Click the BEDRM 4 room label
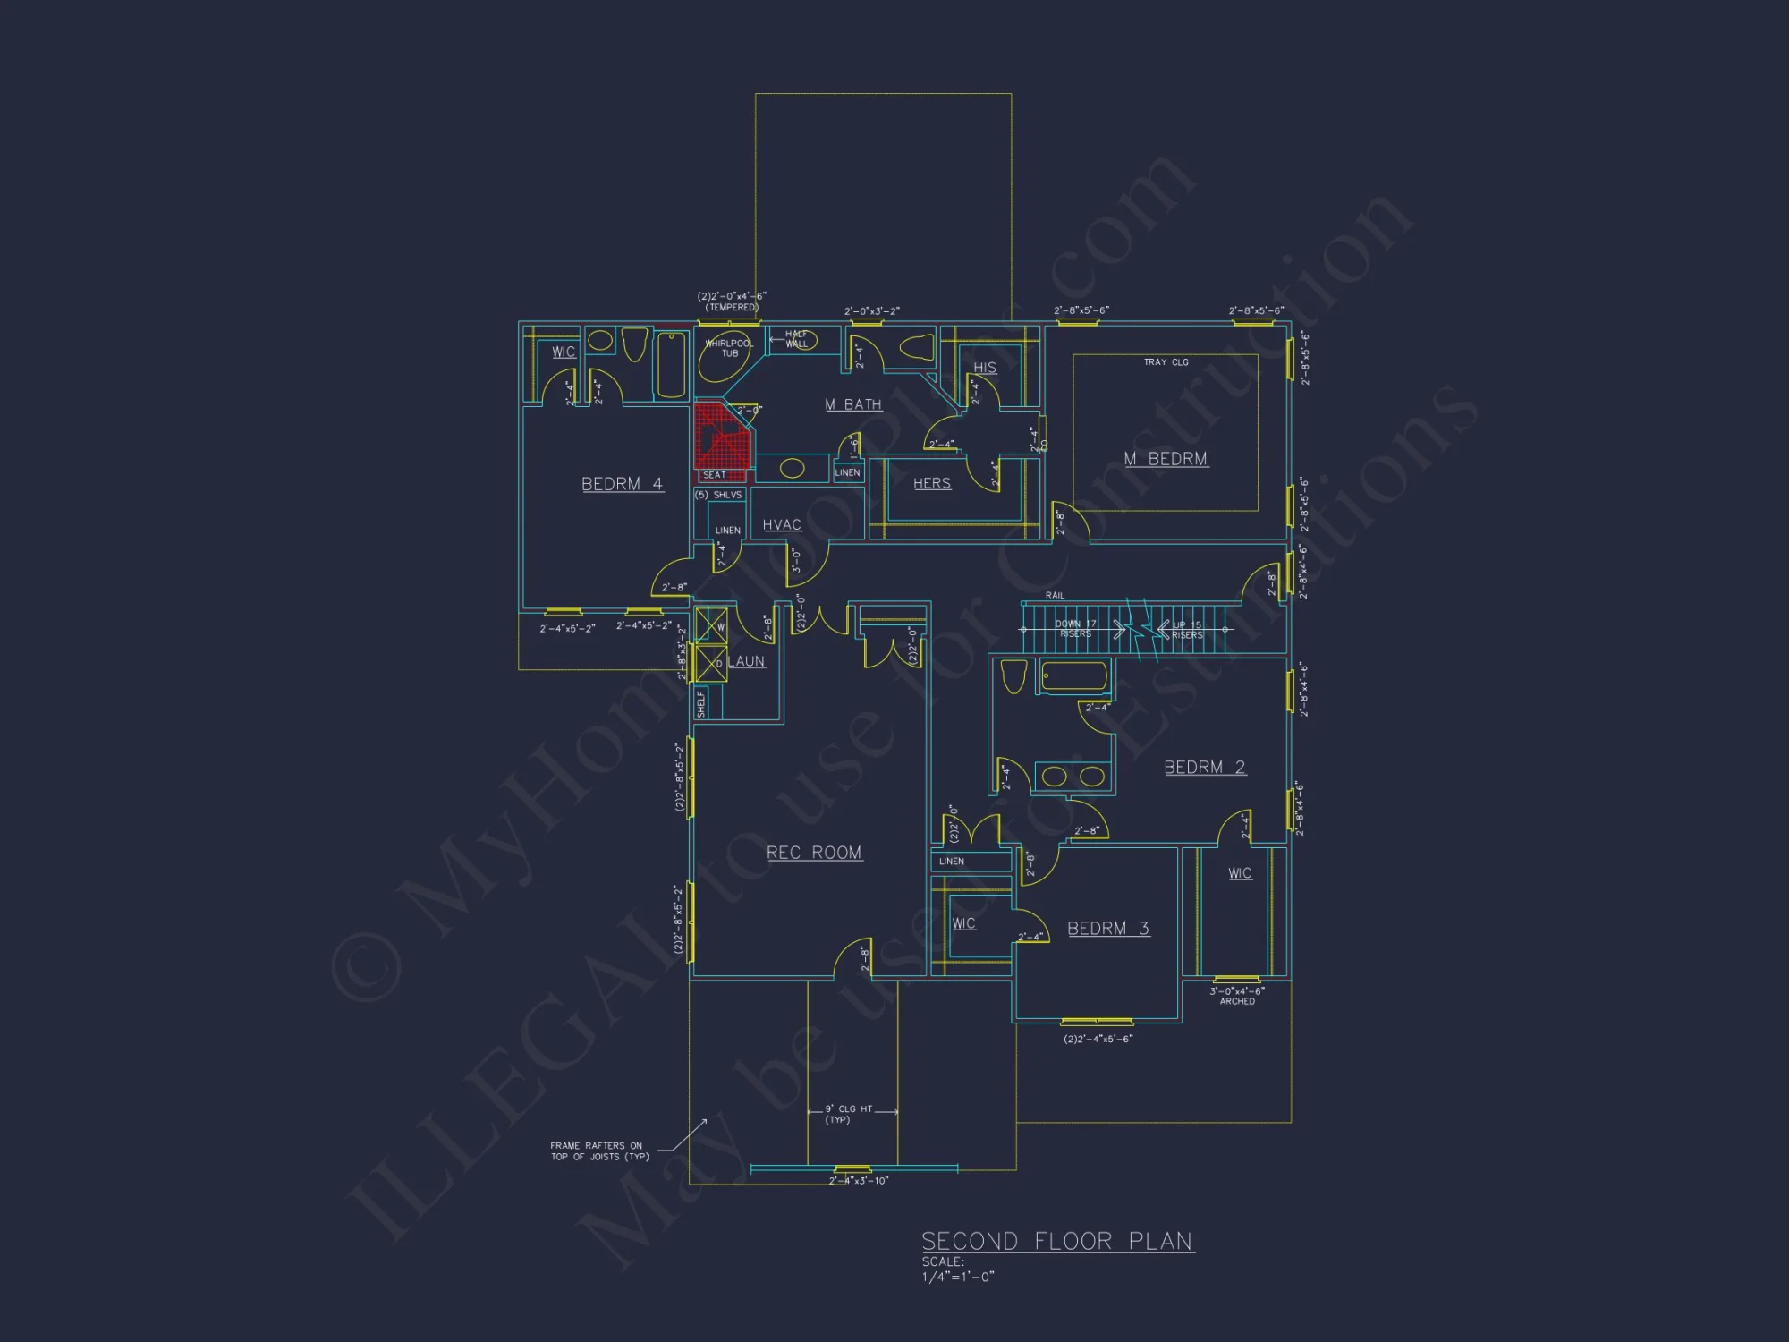point(622,484)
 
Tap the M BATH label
point(852,404)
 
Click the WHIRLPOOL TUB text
point(729,348)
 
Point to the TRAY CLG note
point(1166,362)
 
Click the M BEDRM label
point(1166,459)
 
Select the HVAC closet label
point(782,525)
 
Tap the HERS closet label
point(931,483)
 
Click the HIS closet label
point(985,368)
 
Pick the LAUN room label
point(746,661)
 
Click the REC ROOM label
point(814,853)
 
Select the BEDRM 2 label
point(1204,767)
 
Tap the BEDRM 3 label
point(1107,929)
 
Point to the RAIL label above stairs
point(1055,595)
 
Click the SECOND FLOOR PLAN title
point(1057,1241)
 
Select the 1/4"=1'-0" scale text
point(957,1277)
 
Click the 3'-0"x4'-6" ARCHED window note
point(1237,996)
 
